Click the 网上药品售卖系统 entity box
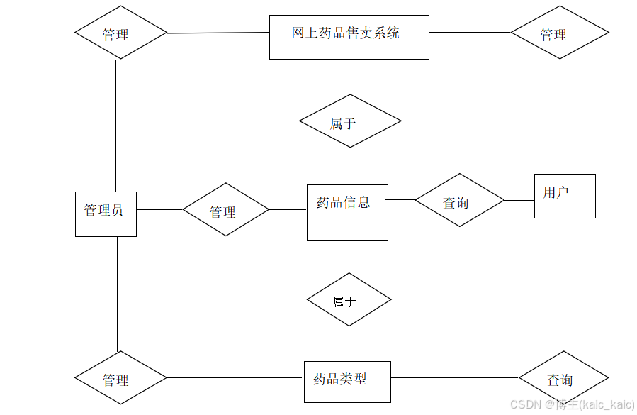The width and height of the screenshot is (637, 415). point(349,37)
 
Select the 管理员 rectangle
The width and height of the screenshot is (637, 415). point(106,214)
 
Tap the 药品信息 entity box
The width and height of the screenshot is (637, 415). point(347,212)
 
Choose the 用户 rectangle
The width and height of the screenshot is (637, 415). point(564,196)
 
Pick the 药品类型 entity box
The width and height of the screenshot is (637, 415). point(347,382)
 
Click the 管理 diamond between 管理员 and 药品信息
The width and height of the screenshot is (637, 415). point(226,210)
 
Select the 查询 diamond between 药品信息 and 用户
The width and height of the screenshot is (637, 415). point(459,200)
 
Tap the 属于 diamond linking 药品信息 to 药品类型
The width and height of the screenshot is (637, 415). point(349,299)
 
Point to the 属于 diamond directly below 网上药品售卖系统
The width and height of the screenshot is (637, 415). point(350,121)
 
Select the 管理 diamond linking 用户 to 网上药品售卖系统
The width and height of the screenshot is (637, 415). point(560,33)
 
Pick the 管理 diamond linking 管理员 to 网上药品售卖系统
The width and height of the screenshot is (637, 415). point(120,33)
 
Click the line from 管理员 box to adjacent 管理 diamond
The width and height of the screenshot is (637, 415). point(159,210)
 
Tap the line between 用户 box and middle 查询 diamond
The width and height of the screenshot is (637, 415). point(519,200)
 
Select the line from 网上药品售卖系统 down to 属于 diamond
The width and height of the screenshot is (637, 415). point(351,77)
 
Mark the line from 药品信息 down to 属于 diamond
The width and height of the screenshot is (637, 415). point(349,257)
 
